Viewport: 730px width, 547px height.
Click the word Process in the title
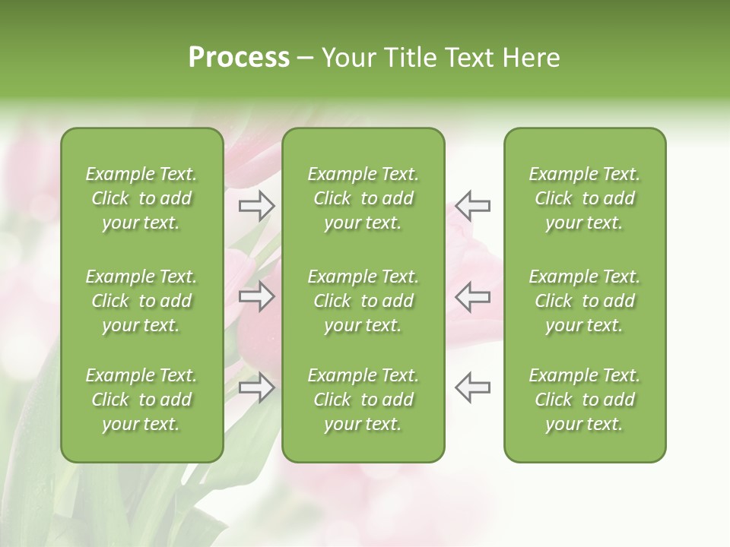tap(239, 58)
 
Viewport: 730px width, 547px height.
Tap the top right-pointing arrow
tap(256, 205)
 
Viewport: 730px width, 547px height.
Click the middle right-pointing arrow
tap(256, 296)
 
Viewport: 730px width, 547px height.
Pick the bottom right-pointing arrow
tap(256, 387)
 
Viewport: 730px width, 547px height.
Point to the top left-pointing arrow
tap(472, 205)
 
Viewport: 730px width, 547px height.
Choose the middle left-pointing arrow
tap(472, 296)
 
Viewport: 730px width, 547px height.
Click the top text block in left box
tap(141, 198)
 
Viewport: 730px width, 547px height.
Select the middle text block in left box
tap(141, 301)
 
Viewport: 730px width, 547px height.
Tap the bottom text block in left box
tap(141, 400)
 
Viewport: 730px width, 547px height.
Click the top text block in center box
tap(363, 198)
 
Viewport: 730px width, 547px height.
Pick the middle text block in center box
tap(363, 301)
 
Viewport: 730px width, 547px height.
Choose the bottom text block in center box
tap(363, 400)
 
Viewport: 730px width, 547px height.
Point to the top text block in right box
tap(585, 198)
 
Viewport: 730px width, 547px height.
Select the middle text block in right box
tap(585, 301)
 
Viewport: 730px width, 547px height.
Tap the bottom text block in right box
tap(585, 400)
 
